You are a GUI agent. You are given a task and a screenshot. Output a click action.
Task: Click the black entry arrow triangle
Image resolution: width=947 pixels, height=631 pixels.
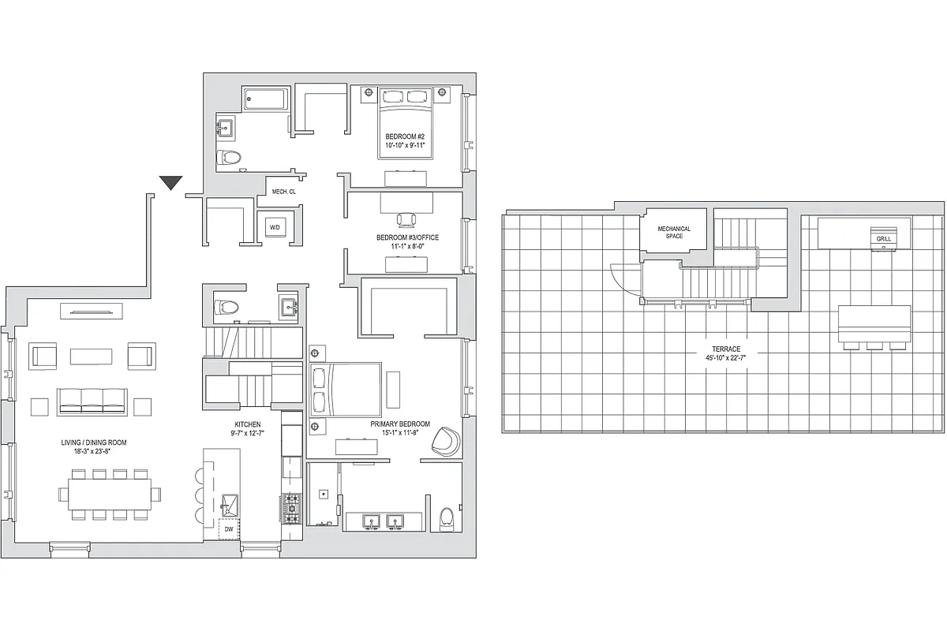pos(171,183)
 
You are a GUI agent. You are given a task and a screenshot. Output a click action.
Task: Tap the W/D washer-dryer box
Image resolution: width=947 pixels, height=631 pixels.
pos(275,227)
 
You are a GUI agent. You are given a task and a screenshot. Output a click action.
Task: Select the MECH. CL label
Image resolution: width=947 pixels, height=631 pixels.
pos(283,192)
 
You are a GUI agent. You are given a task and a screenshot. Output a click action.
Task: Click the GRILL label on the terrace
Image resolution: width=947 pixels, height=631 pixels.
pos(882,237)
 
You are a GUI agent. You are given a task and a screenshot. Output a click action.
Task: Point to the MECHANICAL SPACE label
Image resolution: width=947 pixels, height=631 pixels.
pos(674,232)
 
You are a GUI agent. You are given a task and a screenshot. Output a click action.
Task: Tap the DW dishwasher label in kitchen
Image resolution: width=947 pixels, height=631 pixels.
pos(229,530)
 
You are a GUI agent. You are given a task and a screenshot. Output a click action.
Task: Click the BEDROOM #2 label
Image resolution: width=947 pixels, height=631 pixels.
pos(405,136)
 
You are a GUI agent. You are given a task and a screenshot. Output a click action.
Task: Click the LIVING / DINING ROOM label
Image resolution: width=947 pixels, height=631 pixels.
pos(93,442)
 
